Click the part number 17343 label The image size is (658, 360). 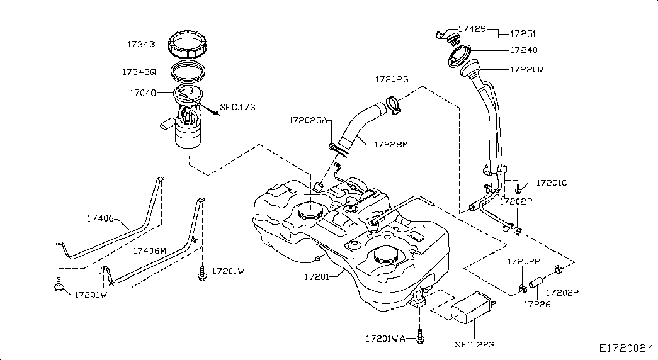[x=141, y=44]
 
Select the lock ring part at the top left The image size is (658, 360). [x=188, y=43]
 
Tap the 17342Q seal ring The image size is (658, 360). [x=188, y=70]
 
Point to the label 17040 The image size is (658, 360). [x=143, y=93]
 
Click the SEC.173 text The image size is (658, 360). [x=237, y=107]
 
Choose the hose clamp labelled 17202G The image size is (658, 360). [x=394, y=105]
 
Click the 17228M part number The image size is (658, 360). [x=390, y=144]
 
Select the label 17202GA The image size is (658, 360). [x=308, y=121]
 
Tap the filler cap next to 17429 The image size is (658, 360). [x=453, y=40]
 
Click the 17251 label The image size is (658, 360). [x=523, y=34]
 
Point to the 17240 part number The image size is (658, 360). [x=524, y=50]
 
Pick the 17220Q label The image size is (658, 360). [x=526, y=70]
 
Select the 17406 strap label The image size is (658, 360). [x=100, y=218]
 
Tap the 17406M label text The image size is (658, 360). [x=149, y=251]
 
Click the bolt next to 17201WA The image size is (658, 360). [x=419, y=335]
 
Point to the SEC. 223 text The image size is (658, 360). [x=475, y=345]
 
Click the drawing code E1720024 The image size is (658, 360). [x=626, y=348]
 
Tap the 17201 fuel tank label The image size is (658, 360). [x=317, y=277]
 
